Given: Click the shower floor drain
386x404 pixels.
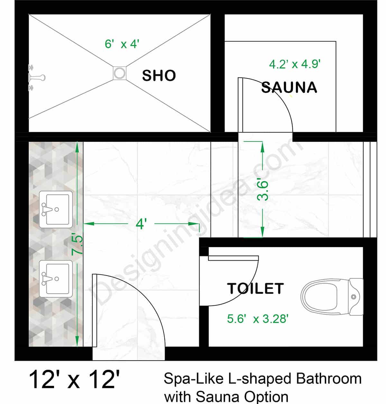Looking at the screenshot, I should click(x=120, y=73).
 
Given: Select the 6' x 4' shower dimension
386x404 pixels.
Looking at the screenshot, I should click(x=122, y=44).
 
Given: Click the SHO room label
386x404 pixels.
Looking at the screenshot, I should click(x=159, y=76).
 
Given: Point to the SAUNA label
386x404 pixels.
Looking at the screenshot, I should click(x=289, y=87).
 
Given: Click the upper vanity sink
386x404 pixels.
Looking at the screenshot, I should click(x=56, y=209).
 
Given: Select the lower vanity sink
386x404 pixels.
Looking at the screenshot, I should click(x=56, y=279).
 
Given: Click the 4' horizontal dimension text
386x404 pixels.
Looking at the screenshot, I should click(x=141, y=224).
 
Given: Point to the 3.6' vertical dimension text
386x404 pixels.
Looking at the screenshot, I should click(x=263, y=191).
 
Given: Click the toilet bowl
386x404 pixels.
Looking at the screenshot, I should click(x=320, y=296).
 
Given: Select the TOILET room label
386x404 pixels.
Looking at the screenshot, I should click(x=255, y=289).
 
